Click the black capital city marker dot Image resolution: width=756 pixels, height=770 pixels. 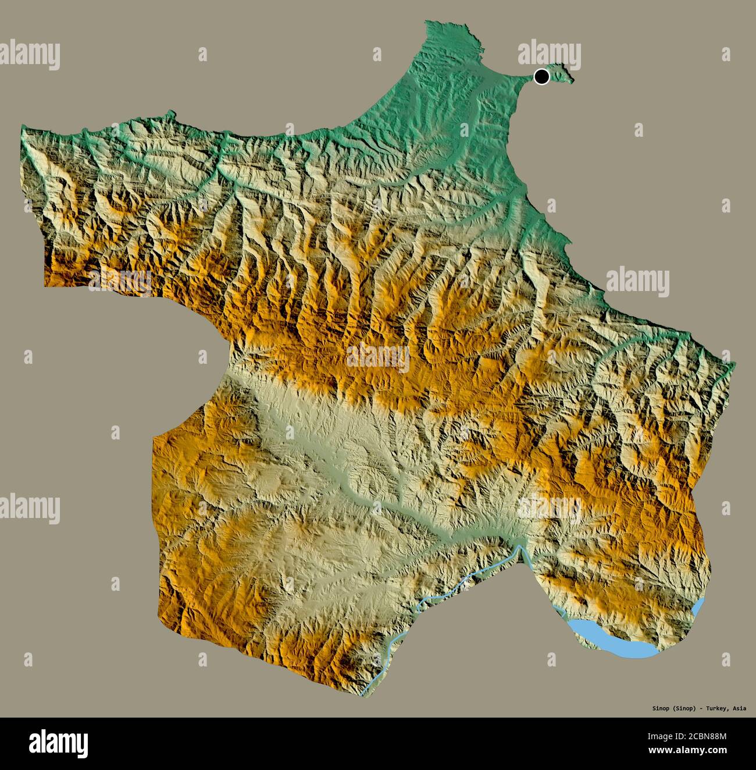[541, 76]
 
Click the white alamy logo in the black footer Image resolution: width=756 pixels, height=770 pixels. [59, 743]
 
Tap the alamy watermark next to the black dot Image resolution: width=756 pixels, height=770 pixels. [549, 55]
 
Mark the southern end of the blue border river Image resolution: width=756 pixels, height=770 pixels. [363, 694]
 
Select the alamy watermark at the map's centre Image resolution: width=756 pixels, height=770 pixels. [377, 357]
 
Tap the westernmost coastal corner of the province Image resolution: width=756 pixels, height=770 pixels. [22, 127]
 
